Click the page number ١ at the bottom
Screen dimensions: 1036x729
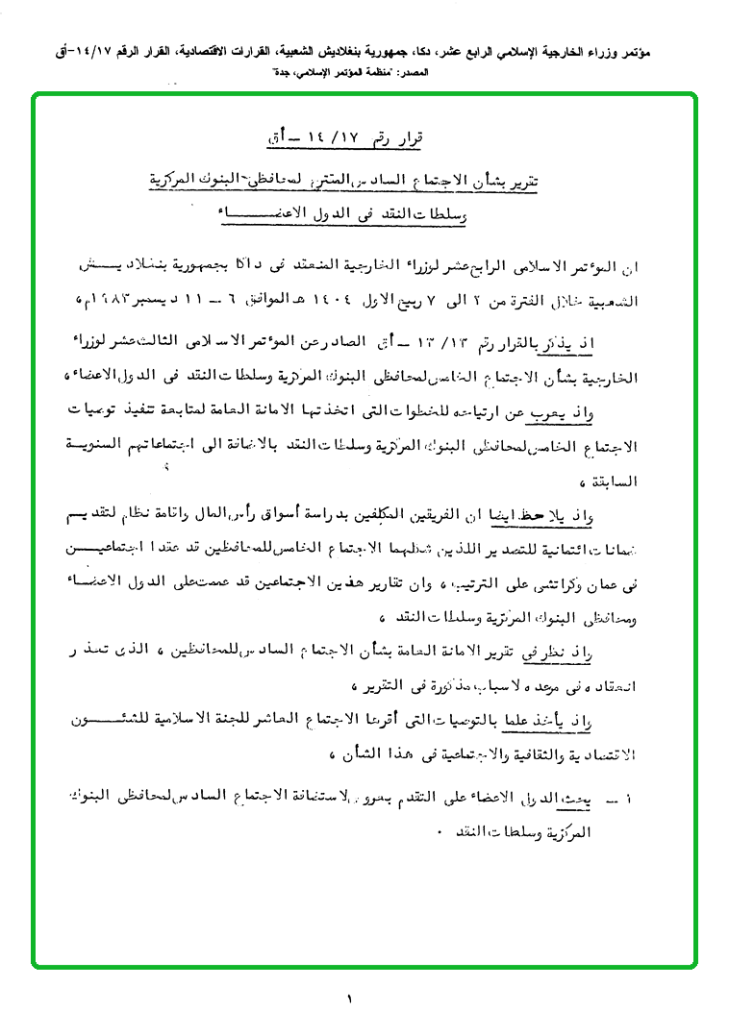point(350,1000)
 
